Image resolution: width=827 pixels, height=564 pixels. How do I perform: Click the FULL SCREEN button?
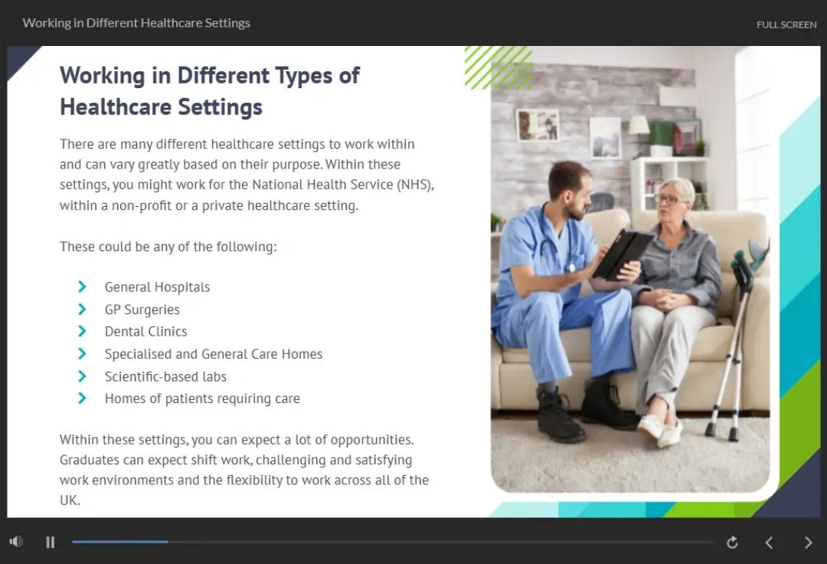tap(786, 25)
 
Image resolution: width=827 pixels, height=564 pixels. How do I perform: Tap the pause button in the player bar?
tap(50, 543)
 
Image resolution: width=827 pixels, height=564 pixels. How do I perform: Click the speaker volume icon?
tap(16, 542)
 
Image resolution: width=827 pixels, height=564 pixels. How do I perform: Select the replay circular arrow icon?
tap(732, 543)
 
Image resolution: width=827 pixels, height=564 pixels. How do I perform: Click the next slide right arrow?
tap(808, 543)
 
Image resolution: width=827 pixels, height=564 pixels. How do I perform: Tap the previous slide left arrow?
tap(769, 543)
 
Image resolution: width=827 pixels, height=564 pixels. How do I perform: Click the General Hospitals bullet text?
tap(157, 287)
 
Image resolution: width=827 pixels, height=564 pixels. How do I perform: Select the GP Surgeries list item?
tap(142, 310)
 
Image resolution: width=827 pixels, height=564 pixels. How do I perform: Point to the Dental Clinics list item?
tap(145, 331)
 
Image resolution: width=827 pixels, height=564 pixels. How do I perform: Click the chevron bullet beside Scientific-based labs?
tap(82, 376)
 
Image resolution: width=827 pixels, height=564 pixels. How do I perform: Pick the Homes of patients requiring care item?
tap(202, 399)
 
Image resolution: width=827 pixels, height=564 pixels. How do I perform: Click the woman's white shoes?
tap(661, 429)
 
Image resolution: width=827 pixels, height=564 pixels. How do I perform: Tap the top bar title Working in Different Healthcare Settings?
tap(136, 23)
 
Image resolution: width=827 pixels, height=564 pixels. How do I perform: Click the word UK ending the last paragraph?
tap(69, 500)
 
